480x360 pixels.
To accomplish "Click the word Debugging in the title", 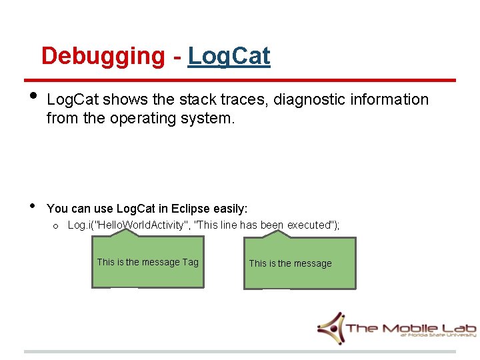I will point(103,57).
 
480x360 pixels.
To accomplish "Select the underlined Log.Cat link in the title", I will point(229,57).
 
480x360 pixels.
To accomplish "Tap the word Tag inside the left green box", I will point(191,262).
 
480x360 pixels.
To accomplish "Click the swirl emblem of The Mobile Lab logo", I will point(331,327).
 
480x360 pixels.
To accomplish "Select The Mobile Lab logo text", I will point(410,327).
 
